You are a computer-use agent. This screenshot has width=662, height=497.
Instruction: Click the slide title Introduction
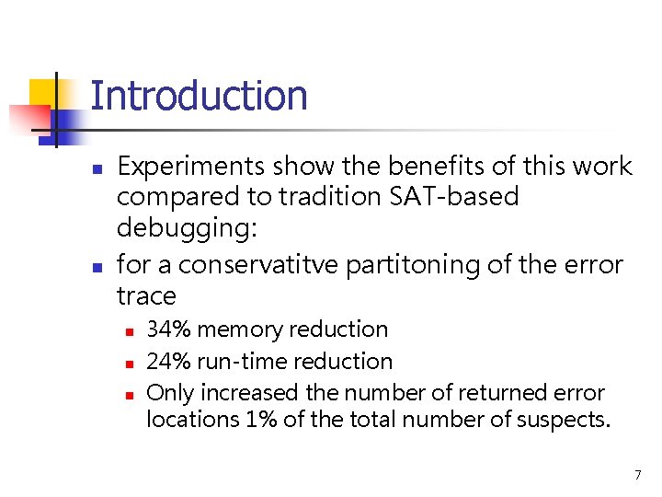click(x=199, y=96)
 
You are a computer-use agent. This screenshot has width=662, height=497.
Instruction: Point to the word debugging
click(x=183, y=228)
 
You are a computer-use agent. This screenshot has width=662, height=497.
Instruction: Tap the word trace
click(x=146, y=296)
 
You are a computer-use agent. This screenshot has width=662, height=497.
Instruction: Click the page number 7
click(x=637, y=475)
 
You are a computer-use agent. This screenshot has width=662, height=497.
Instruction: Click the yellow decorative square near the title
click(x=46, y=95)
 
